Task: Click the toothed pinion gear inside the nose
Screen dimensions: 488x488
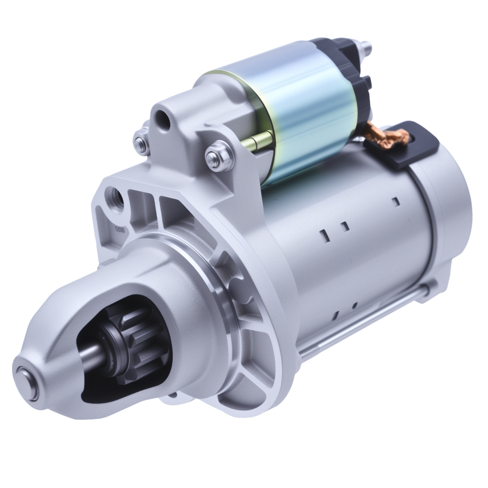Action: click(138, 341)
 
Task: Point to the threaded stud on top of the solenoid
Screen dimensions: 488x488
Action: click(366, 48)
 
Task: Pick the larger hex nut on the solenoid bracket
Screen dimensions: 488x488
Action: click(219, 156)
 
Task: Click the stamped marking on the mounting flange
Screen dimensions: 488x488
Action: click(120, 230)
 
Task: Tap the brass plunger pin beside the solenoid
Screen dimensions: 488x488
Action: click(257, 141)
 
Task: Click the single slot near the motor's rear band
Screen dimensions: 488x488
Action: click(395, 202)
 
